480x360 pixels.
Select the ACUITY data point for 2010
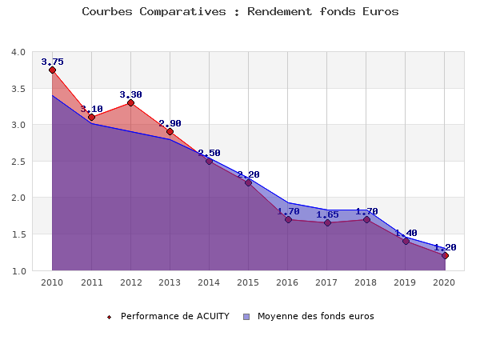52,70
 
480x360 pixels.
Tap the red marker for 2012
130,103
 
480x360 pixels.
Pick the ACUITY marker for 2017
327,222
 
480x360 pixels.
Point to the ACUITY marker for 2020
445,255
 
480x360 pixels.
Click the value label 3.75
52,62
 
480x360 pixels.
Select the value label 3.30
130,94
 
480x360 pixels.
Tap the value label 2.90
170,123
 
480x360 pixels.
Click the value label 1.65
327,214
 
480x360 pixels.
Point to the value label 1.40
406,233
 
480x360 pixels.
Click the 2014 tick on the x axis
209,283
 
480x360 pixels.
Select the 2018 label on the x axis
366,283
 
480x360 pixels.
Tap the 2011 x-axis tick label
91,283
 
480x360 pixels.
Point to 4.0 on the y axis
18,52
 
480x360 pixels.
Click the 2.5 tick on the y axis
18,162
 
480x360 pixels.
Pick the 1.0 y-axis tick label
18,271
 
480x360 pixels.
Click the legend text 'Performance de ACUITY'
174,316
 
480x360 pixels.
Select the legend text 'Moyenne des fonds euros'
315,316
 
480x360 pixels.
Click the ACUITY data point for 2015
248,182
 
